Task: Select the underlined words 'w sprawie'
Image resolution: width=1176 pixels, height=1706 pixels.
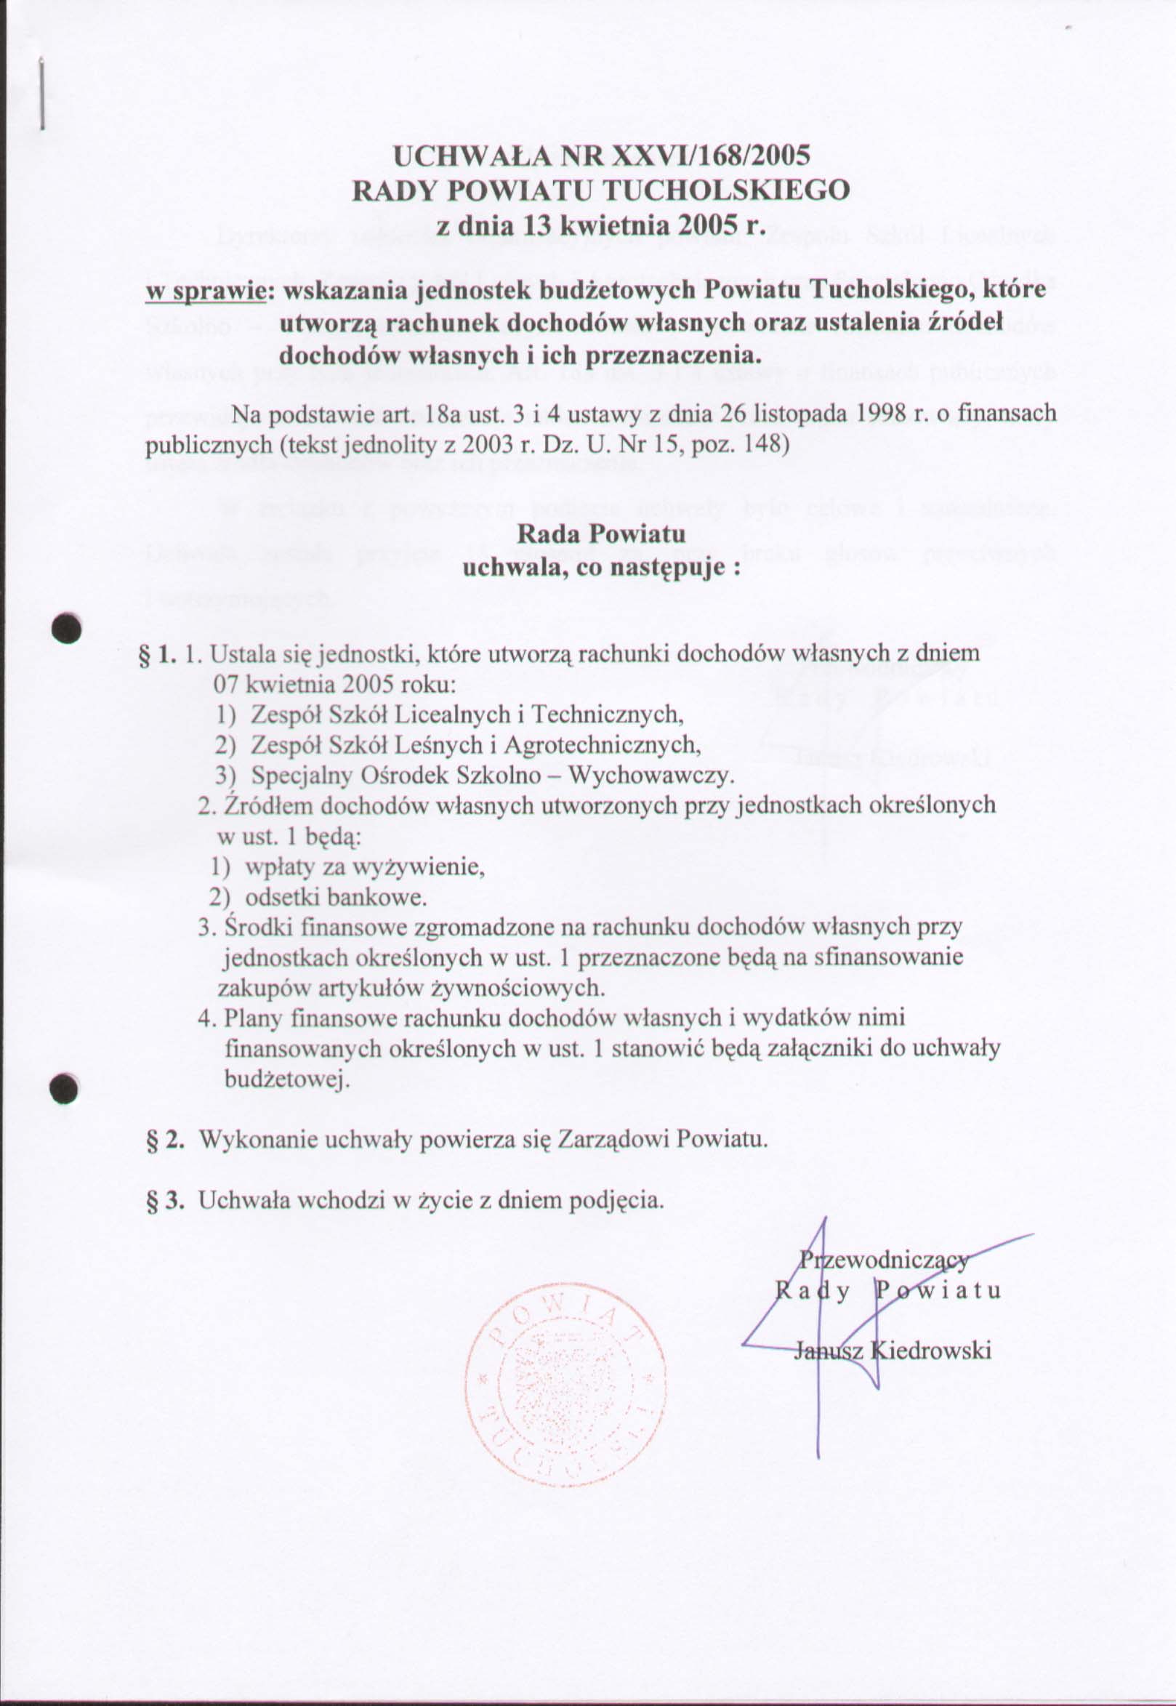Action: coord(204,290)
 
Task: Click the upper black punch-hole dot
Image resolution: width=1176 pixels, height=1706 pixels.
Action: coord(65,628)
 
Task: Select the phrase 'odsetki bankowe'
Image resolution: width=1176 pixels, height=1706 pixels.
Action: coord(335,898)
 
